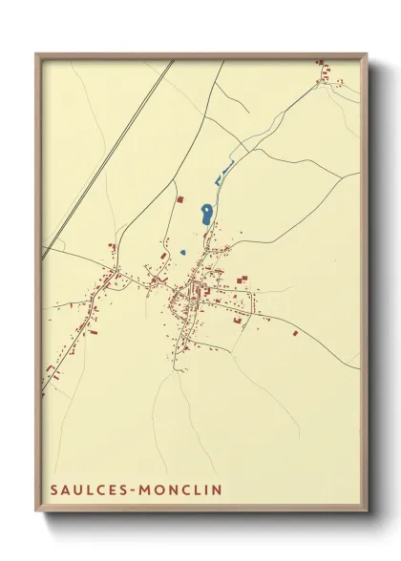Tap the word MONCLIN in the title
182,489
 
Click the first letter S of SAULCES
54,489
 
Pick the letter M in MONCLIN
146,489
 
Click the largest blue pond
205,215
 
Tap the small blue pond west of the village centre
181,252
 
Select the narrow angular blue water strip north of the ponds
224,174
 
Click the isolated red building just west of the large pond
179,199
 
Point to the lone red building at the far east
295,333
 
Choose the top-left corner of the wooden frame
36,54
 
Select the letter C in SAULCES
99,489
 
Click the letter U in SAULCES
77,489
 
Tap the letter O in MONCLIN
160,489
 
